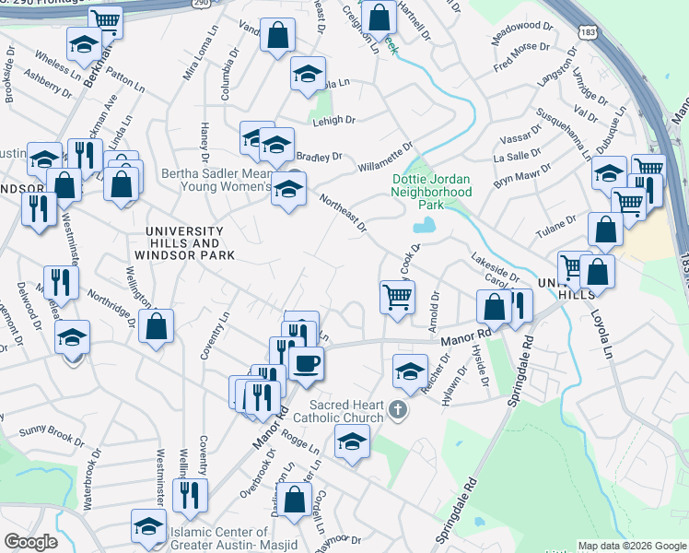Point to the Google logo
(x=31, y=542)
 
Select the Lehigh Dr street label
(x=333, y=121)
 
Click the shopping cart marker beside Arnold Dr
(x=397, y=297)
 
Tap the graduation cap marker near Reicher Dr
(x=410, y=371)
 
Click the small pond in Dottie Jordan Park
(x=424, y=225)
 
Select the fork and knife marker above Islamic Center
(x=190, y=496)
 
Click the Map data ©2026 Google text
(x=631, y=546)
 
